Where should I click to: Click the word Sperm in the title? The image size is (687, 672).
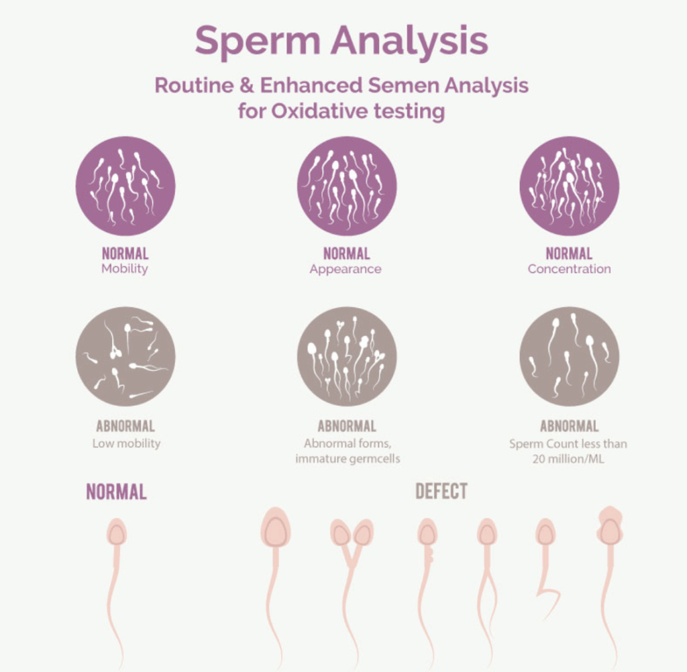point(257,40)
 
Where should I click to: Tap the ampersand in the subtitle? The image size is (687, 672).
point(246,85)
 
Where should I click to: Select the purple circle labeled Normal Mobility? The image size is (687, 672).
point(125,186)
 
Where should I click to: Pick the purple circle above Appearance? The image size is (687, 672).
point(347,186)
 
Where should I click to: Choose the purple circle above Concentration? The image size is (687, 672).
point(569,186)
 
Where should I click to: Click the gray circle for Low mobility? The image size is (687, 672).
point(125,356)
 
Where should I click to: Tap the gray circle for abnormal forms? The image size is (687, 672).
point(347,356)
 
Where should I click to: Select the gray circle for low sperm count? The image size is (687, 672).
point(569,356)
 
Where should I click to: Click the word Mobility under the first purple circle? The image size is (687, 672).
point(125,268)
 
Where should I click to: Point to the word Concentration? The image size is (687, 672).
point(569,268)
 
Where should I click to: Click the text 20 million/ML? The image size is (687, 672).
point(568,459)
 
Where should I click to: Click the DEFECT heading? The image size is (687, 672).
point(441,492)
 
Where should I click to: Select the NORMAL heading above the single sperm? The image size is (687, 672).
point(117,492)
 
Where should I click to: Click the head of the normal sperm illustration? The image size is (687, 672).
point(117,532)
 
